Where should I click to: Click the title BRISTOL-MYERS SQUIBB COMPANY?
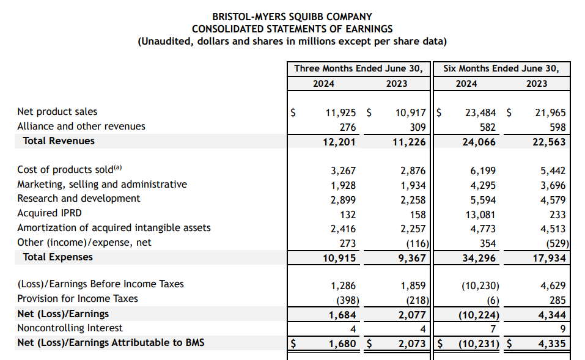292,17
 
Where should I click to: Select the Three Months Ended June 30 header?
358,68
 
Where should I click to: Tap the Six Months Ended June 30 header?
501,68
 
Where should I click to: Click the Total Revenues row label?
59,141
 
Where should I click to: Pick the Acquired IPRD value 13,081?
482,215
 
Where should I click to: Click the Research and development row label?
78,199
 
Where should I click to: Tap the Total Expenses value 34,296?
480,258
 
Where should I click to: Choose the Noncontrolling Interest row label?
70,328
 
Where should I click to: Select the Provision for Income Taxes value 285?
557,300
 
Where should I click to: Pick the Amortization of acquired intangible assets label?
114,228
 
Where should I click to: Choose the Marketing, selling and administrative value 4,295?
482,185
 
